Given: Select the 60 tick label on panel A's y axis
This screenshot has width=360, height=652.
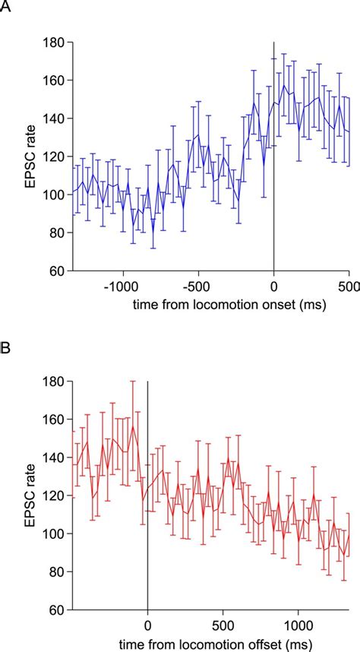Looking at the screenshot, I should click(x=55, y=270).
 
